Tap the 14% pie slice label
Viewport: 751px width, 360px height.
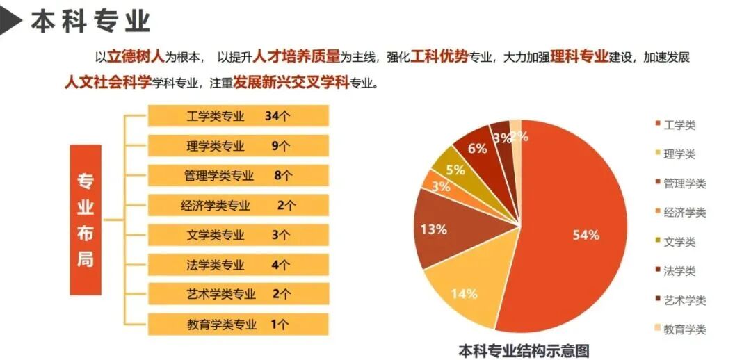tap(464, 294)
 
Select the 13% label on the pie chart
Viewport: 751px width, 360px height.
tap(434, 230)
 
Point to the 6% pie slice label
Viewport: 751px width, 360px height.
tap(478, 149)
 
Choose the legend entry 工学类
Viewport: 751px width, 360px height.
tap(675, 125)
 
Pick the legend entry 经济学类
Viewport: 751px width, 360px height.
tap(680, 213)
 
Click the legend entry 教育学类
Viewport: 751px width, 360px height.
tap(680, 329)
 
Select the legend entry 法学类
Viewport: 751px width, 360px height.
tap(675, 271)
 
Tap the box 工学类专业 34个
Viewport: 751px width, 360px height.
tap(238, 116)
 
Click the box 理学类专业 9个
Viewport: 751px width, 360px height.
tap(238, 145)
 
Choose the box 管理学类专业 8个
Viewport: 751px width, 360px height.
tap(238, 175)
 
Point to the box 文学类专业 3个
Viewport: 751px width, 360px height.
tap(238, 235)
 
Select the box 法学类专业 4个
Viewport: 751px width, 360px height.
tap(238, 265)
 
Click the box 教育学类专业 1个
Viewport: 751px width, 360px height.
tap(238, 325)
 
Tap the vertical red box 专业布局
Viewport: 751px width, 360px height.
tap(86, 220)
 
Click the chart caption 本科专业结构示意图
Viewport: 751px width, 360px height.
tap(524, 350)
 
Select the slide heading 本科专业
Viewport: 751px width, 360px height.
tap(90, 22)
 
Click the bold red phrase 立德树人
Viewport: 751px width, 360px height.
tap(136, 56)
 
